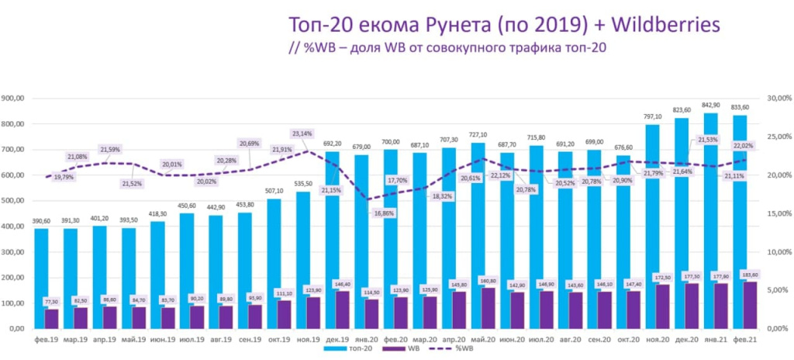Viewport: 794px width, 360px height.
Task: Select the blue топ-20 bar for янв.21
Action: [711, 194]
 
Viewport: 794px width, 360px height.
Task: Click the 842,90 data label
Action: [711, 106]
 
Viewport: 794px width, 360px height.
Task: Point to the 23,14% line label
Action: [302, 133]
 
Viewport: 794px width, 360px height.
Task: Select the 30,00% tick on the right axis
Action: [778, 99]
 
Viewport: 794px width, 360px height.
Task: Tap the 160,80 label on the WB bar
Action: [488, 280]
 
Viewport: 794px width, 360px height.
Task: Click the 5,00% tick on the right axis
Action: [778, 290]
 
